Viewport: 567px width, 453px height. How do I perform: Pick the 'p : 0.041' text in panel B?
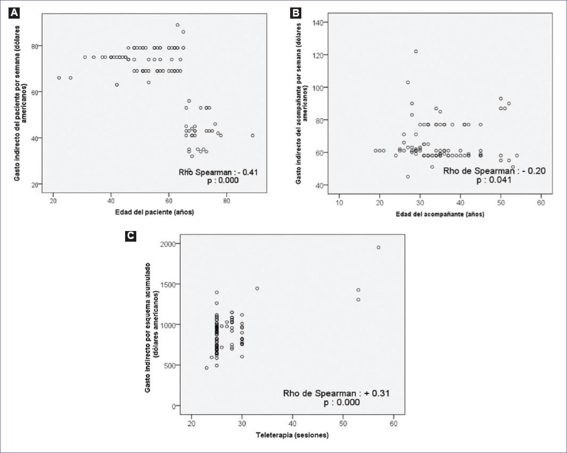[494, 180]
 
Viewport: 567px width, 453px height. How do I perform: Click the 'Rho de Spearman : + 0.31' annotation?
[336, 393]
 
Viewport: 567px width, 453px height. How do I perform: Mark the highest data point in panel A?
[177, 25]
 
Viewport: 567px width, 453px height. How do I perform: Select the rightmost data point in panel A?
[252, 135]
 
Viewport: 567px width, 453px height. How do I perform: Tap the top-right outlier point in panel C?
[379, 247]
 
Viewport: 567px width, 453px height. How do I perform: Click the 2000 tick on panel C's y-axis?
[168, 243]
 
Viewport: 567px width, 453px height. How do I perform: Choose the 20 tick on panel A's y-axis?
[40, 185]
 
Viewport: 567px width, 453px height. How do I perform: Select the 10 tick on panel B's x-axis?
[339, 203]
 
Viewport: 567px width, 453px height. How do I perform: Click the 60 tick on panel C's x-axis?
[393, 423]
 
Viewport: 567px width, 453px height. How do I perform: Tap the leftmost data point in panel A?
[59, 78]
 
